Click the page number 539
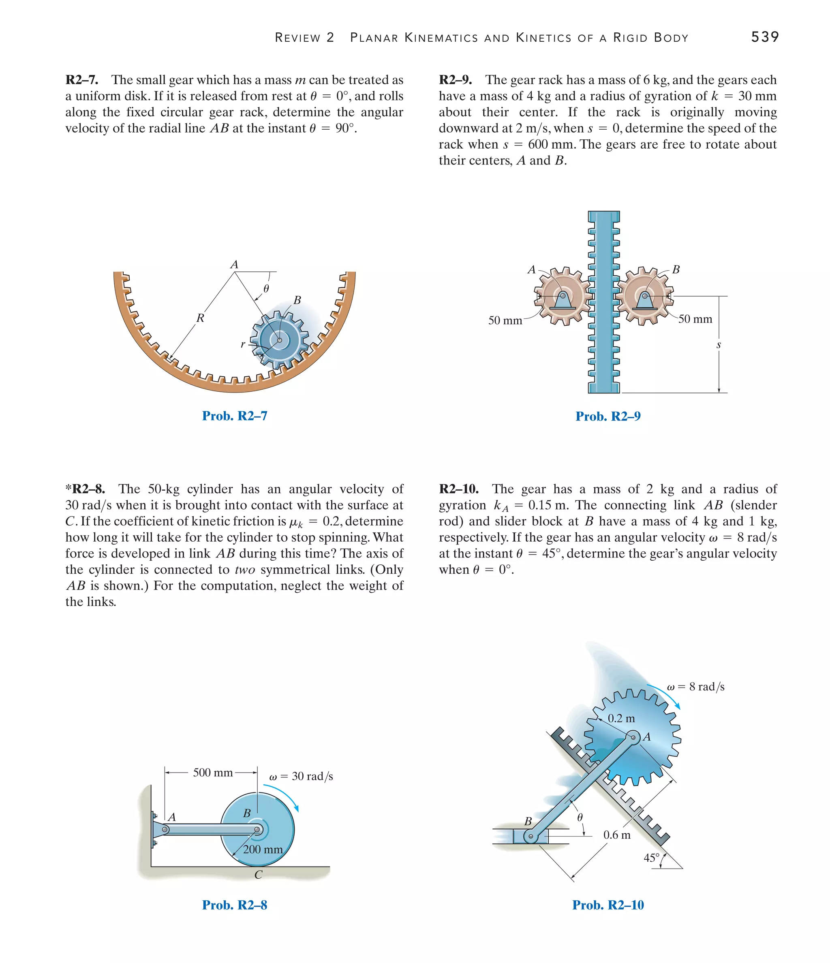(x=764, y=37)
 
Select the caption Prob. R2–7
(x=234, y=416)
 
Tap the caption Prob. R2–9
(x=608, y=416)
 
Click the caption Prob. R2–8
(x=234, y=905)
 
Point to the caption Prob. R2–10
(x=608, y=905)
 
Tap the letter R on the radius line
(x=200, y=318)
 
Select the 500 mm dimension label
(x=212, y=773)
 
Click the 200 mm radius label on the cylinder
(x=263, y=849)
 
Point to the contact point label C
(x=259, y=875)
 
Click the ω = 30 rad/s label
(x=301, y=776)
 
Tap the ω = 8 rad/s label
(x=695, y=687)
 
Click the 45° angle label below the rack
(x=651, y=858)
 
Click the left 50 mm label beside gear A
(x=505, y=321)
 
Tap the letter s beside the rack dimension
(x=719, y=345)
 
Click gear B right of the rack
(x=645, y=296)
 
